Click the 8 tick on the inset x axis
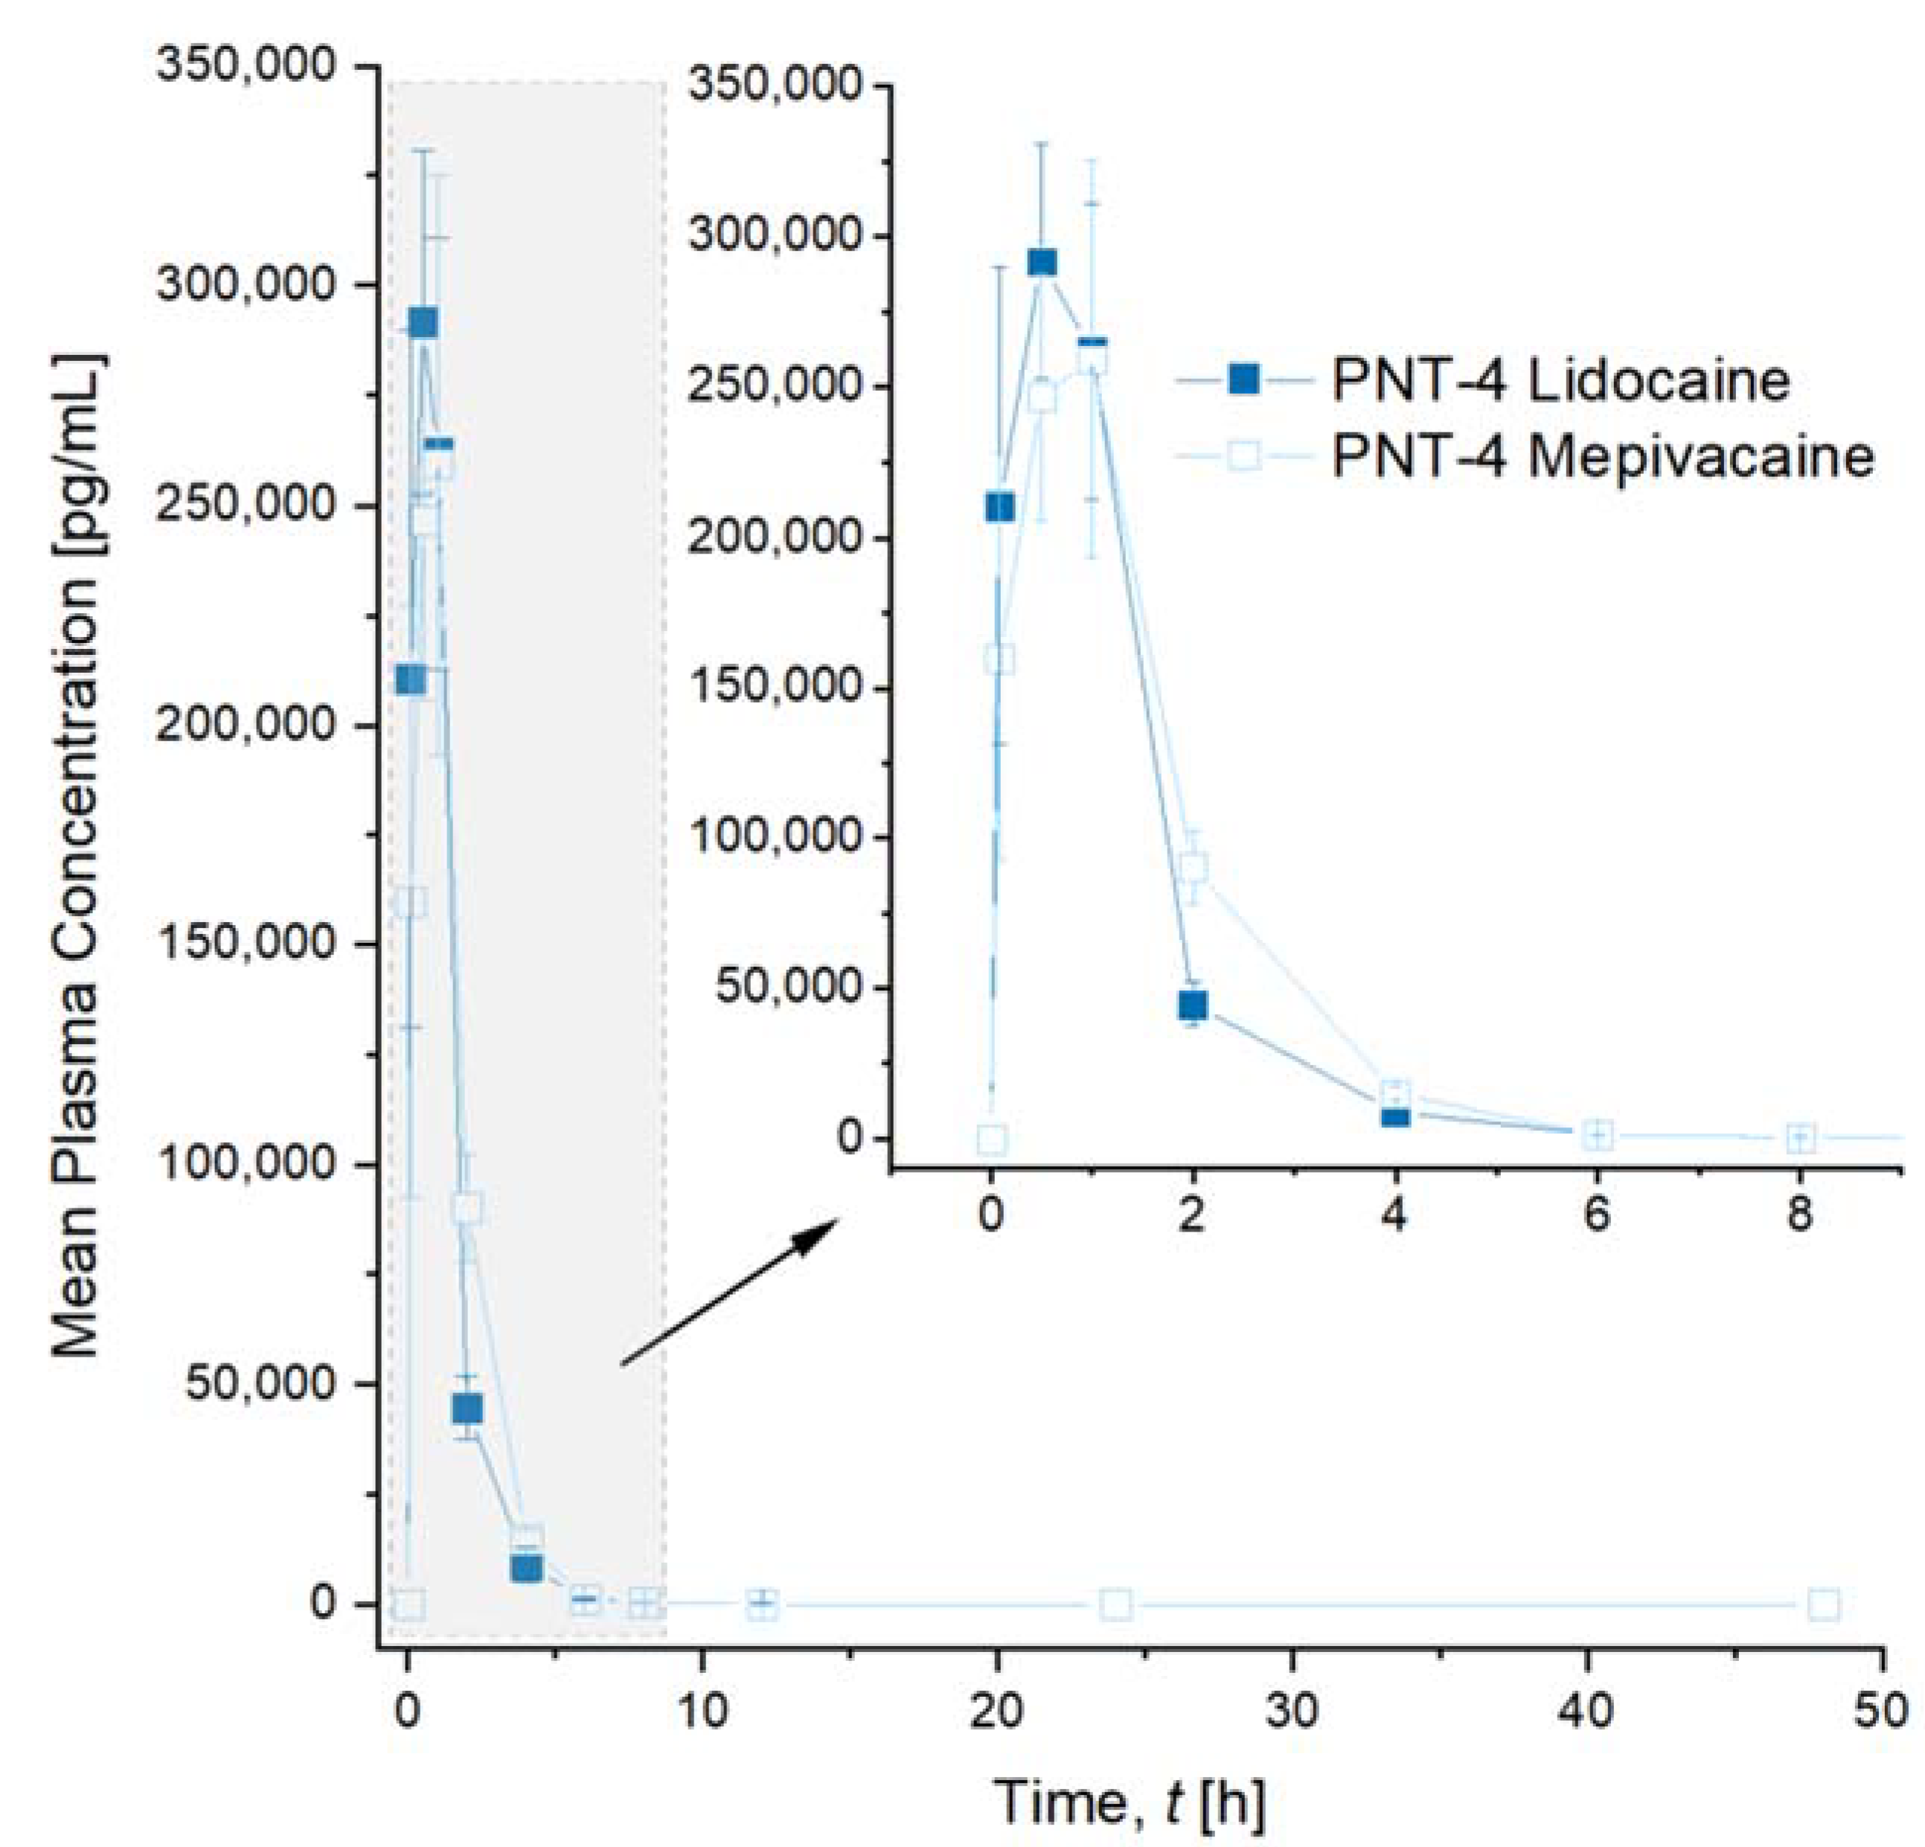click(1799, 1215)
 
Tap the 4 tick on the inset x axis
click(1394, 1215)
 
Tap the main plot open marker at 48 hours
click(1823, 1604)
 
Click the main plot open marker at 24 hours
click(1115, 1604)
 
